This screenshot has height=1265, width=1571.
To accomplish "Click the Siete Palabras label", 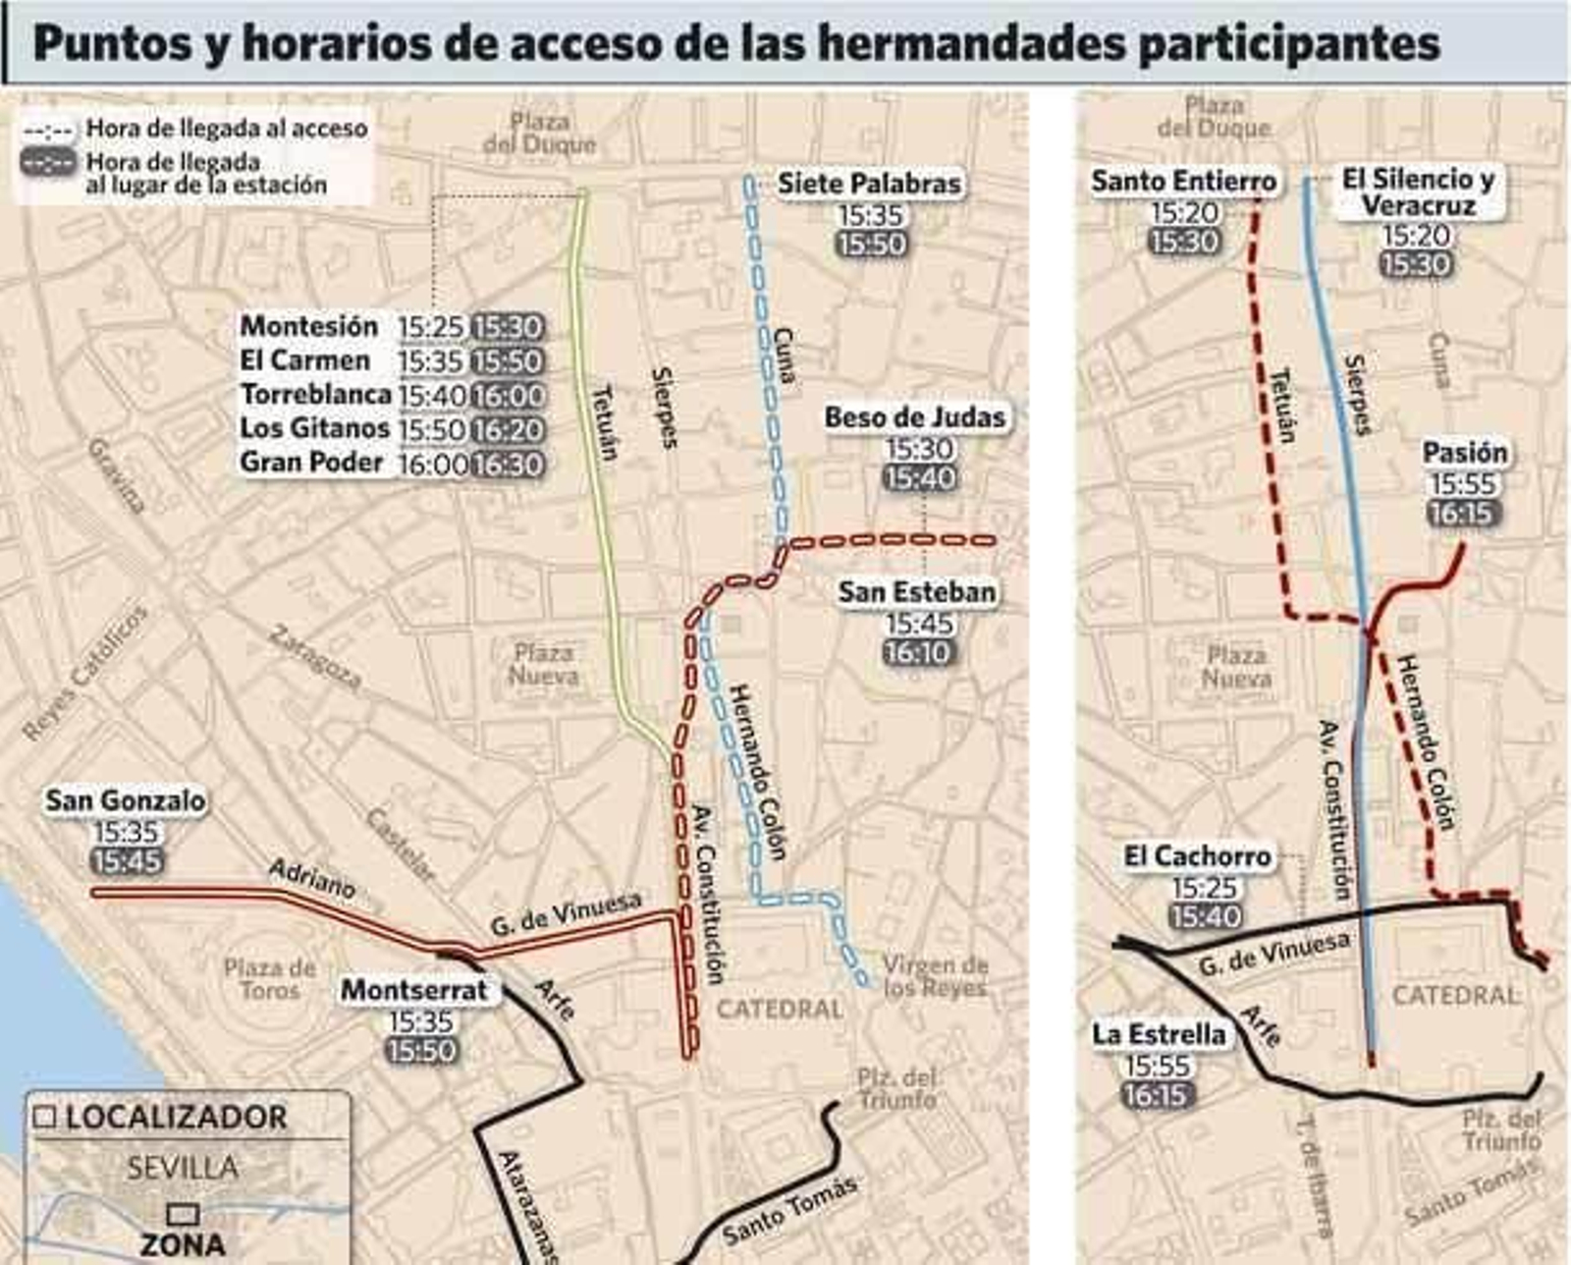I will pos(869,184).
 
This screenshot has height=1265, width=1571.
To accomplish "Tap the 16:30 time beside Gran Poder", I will pos(508,464).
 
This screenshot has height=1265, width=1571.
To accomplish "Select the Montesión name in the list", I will pos(309,326).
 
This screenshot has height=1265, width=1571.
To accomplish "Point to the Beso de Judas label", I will pos(915,417).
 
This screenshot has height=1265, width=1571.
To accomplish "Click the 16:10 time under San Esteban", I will pos(918,652).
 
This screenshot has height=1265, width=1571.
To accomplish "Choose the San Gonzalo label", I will pos(126,800).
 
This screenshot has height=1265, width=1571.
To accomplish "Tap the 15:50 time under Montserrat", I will pos(421,1051).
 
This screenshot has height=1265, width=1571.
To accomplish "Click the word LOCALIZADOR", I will pos(176,1118).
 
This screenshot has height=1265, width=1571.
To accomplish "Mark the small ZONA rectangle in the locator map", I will pos(183,1215).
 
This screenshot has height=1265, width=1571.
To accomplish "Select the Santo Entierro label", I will pos(1184,182).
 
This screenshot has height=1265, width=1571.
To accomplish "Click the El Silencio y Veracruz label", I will pos(1419,192).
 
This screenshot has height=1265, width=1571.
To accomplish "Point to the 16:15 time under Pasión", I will pos(1464,514).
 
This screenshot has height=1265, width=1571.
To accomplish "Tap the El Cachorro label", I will pos(1198,856).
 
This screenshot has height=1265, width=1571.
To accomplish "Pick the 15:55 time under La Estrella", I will pos(1157,1066).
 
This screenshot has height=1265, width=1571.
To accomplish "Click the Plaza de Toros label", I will pos(269,979).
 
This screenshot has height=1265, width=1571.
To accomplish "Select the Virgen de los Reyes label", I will pos(934,976).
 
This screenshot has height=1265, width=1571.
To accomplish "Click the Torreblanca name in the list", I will pos(316,395).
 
